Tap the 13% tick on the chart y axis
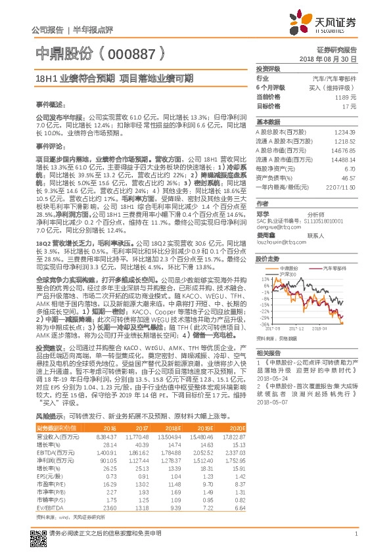coord(263,278)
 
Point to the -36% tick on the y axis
coord(262,324)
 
